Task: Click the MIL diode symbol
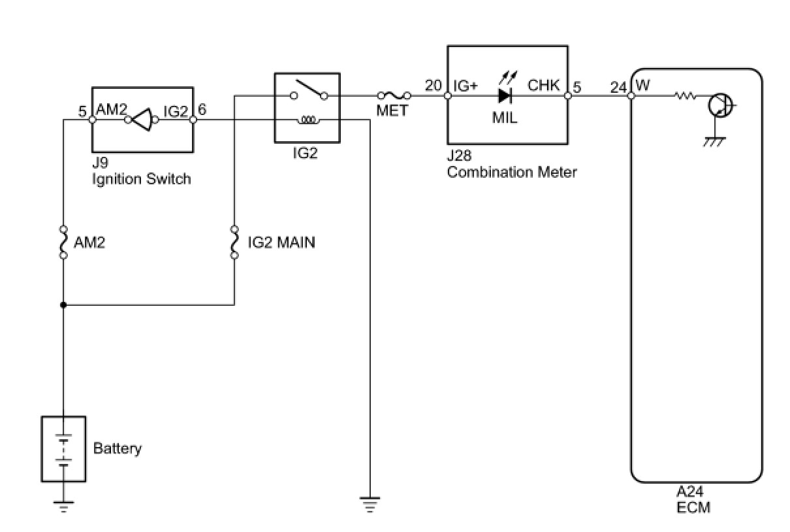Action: tap(505, 95)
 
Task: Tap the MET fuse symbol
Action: tap(394, 95)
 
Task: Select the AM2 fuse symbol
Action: tap(63, 242)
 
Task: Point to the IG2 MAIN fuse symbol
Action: tap(234, 242)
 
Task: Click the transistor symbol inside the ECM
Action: tap(721, 105)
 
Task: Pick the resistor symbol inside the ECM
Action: tap(686, 95)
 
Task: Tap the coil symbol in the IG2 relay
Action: tap(309, 120)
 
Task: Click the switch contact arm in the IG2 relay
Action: tap(309, 88)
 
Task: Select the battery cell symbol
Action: tap(63, 450)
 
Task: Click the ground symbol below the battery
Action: tap(63, 507)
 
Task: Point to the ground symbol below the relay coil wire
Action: tap(370, 505)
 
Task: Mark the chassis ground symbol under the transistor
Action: tap(714, 142)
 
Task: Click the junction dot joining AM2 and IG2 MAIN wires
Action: tap(63, 305)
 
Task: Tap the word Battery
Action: tap(118, 449)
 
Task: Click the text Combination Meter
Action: tap(512, 173)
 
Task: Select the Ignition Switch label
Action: tap(142, 179)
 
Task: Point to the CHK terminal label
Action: tap(543, 85)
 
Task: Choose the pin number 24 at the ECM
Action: tap(618, 87)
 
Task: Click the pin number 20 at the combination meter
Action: tap(433, 86)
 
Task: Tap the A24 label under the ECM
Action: tap(690, 491)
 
